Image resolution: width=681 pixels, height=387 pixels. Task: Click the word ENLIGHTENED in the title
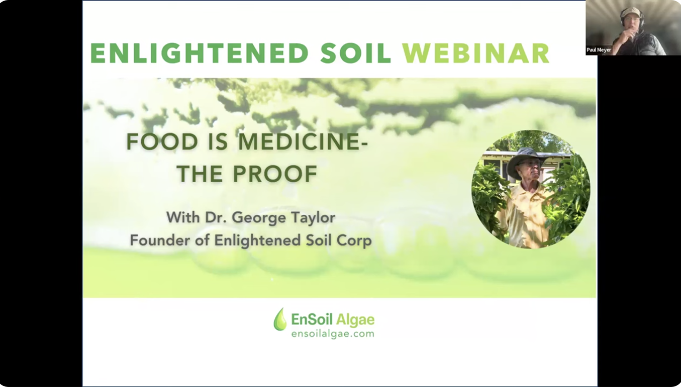pos(200,53)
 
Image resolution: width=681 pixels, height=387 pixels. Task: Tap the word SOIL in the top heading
pos(355,53)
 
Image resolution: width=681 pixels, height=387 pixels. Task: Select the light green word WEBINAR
pos(476,53)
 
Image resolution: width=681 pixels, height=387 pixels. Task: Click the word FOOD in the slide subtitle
pos(162,142)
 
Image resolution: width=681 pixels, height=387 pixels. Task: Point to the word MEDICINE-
pos(303,142)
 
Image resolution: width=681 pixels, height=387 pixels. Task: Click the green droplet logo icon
pos(280,319)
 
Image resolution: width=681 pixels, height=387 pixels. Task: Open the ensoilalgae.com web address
pos(332,334)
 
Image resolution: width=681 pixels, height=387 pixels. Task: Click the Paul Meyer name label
pos(599,50)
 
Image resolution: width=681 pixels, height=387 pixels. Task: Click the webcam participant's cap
pos(631,12)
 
